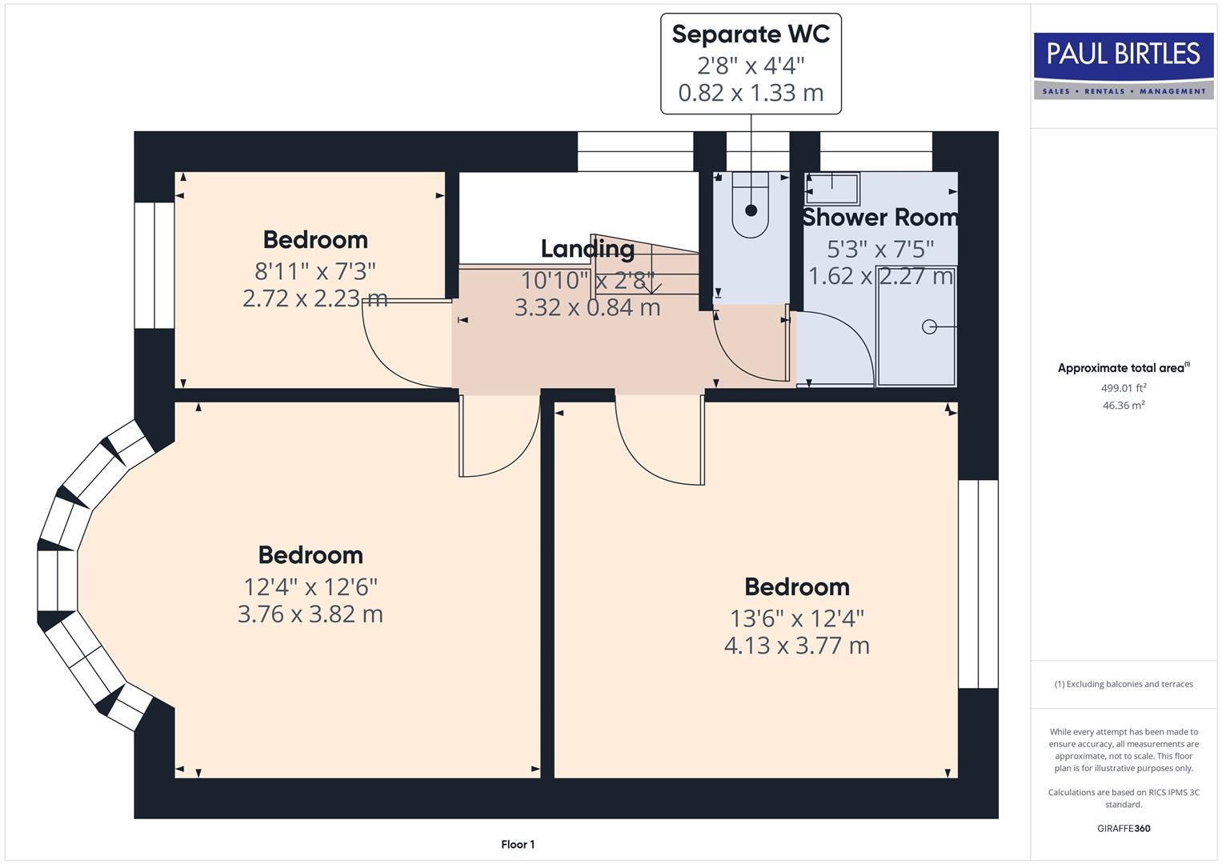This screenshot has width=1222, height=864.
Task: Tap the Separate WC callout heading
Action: coord(751,34)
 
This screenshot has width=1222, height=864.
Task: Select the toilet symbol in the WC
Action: coord(751,206)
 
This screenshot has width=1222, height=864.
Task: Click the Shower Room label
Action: coord(879,217)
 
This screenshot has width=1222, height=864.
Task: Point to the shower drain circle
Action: coord(929,326)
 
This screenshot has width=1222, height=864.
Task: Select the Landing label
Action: coord(587,249)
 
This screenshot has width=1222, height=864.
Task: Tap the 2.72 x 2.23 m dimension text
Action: coord(315,298)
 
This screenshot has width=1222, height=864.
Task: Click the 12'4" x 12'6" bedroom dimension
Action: coord(311,586)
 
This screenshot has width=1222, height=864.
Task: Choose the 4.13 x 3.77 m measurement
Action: coord(796,645)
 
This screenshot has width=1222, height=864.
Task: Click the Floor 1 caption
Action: coord(518,844)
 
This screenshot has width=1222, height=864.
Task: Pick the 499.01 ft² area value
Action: coord(1124,388)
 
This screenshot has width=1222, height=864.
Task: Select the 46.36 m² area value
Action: coord(1124,406)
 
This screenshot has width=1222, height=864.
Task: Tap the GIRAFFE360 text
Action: coord(1124,828)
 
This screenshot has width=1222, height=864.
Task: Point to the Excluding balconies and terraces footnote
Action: coord(1124,684)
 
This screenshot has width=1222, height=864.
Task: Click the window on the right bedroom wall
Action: coord(978,584)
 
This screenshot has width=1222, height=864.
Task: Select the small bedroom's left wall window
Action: coord(154,266)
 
